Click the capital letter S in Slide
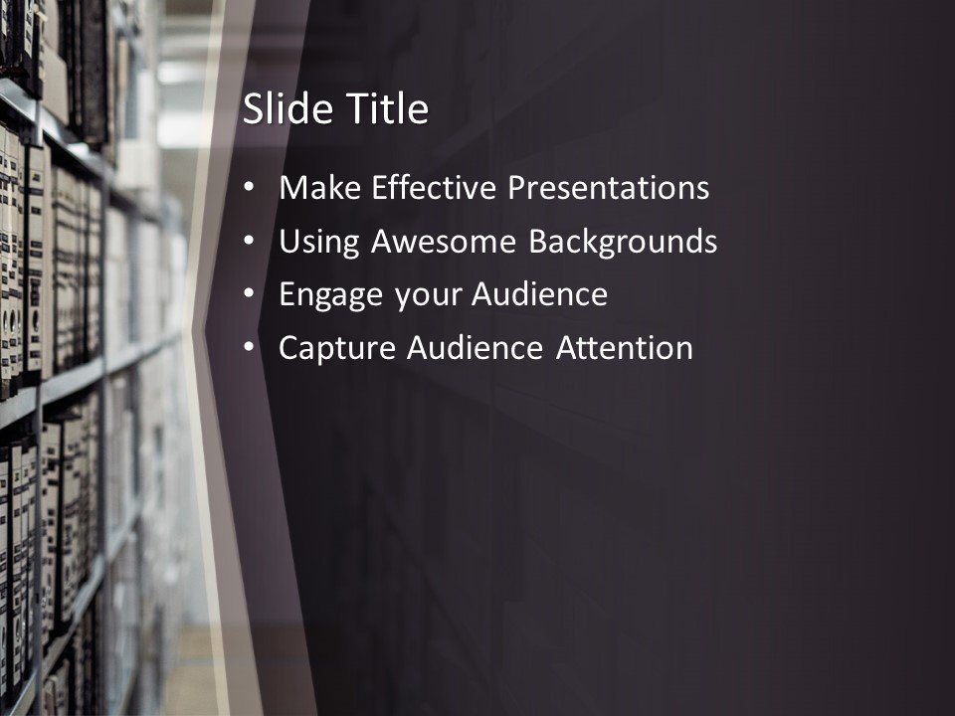(x=253, y=109)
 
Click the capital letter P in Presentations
(x=519, y=188)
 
